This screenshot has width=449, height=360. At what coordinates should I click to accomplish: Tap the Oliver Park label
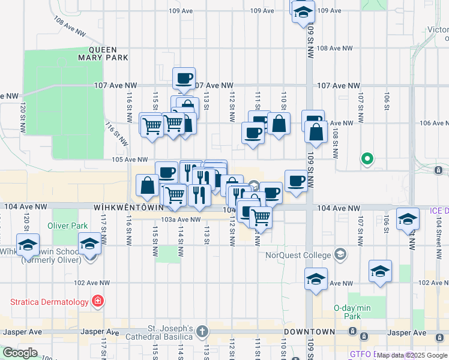tap(68, 227)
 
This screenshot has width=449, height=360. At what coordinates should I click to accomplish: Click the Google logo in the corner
tap(20, 353)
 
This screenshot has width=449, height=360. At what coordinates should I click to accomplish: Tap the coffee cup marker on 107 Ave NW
tap(184, 78)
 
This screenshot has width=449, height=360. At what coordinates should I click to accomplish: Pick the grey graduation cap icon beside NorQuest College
tap(341, 255)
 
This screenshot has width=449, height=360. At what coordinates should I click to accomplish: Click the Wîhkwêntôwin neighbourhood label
tap(128, 207)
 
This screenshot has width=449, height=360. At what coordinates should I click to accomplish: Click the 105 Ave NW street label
tap(129, 160)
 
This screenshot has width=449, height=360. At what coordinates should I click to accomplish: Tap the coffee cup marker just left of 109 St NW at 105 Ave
tap(296, 181)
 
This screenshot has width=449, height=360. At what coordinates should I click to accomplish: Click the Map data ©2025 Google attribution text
tap(412, 355)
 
